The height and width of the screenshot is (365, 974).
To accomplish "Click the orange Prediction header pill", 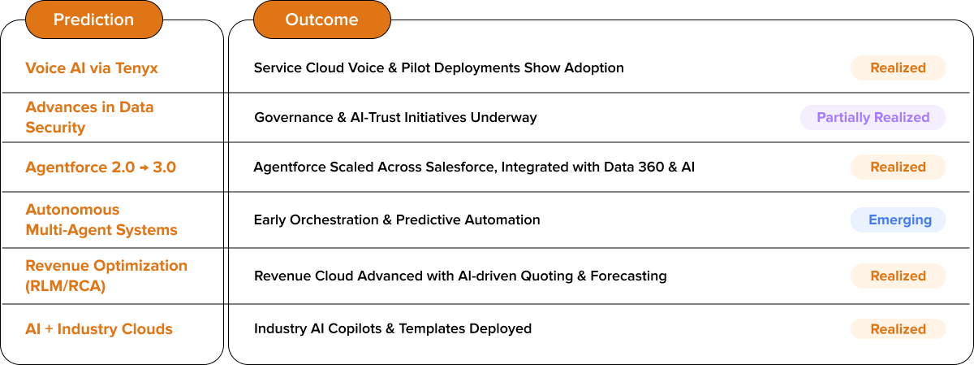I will click(x=94, y=20).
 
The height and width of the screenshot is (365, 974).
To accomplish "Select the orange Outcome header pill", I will click(x=321, y=20).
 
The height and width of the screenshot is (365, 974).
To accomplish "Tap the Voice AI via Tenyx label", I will click(x=92, y=67).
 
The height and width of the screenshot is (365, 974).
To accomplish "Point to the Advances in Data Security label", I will click(x=89, y=117).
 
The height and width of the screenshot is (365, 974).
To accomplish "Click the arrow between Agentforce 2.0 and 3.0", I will click(x=141, y=167).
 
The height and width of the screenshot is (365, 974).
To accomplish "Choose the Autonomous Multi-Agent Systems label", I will click(x=101, y=219).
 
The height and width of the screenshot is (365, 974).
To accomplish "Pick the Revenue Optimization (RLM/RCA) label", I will click(x=106, y=276).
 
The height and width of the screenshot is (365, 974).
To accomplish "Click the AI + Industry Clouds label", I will click(x=99, y=329).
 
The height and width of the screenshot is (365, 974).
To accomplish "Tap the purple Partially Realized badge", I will click(x=873, y=117).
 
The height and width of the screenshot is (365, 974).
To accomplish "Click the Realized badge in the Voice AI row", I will click(x=898, y=67).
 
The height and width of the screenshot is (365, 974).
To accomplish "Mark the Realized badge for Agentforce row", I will click(x=898, y=167).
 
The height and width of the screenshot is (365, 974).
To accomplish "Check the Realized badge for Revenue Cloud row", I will click(x=898, y=276).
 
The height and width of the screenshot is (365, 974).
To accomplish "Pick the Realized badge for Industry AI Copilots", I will click(x=898, y=329).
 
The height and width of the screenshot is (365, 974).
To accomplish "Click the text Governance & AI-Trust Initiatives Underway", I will click(x=395, y=117).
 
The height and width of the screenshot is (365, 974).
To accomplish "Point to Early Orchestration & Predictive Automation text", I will click(x=397, y=219).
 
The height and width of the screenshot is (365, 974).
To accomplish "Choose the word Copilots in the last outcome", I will click(x=353, y=329).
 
